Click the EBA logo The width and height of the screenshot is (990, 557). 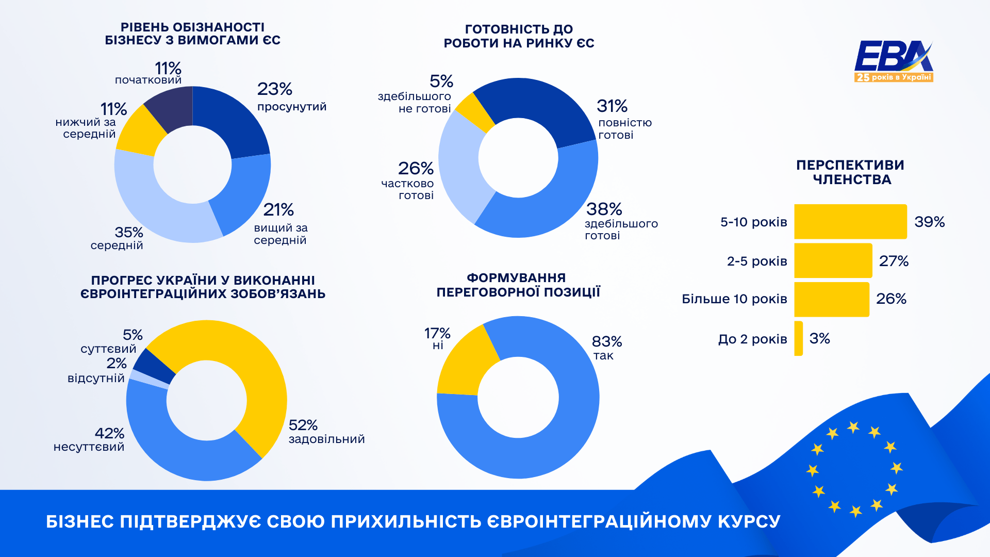pyautogui.click(x=894, y=61)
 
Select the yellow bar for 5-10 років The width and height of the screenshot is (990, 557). pyautogui.click(x=850, y=222)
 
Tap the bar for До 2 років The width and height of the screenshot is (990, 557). pyautogui.click(x=798, y=338)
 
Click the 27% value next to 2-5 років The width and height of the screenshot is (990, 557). pyautogui.click(x=894, y=261)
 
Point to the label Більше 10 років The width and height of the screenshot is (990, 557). pyautogui.click(x=734, y=299)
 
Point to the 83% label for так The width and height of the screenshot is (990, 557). pyautogui.click(x=607, y=342)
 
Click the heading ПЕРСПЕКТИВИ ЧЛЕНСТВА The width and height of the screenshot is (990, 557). pyautogui.click(x=851, y=172)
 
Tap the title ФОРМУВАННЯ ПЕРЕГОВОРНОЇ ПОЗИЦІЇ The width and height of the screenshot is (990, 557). pyautogui.click(x=518, y=285)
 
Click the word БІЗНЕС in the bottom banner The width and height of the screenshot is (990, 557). pyautogui.click(x=80, y=521)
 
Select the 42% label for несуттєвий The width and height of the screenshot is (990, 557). pyautogui.click(x=109, y=434)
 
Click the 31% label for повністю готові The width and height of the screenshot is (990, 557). pyautogui.click(x=612, y=106)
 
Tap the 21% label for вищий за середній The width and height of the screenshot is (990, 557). pyautogui.click(x=278, y=210)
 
